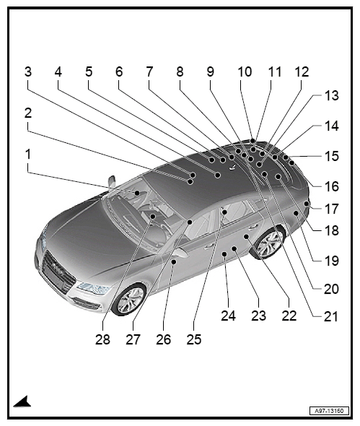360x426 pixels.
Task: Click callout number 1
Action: pos(28,155)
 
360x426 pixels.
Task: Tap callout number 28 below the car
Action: pos(102,339)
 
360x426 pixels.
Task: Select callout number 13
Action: pos(332,95)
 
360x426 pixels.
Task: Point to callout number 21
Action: pos(331,317)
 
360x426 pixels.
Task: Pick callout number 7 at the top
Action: pos(149,71)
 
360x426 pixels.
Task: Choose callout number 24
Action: pos(228,316)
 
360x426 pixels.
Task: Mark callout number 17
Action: pos(332,209)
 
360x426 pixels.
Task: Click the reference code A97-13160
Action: pos(329,411)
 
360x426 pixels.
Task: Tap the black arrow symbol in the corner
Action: pos(22,402)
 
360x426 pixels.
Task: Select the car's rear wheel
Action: pos(268,242)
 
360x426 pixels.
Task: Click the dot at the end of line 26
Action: pos(174,261)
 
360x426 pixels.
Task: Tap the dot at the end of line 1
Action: pos(137,193)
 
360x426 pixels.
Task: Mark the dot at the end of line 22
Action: pos(246,237)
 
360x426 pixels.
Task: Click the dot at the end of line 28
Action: pos(153,217)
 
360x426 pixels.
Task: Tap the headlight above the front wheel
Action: pos(94,288)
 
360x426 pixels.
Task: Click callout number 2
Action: pos(28,113)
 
